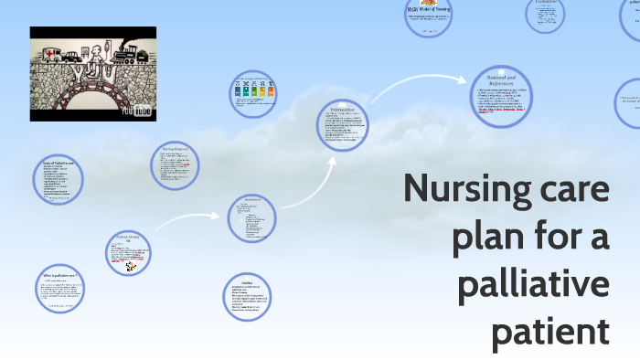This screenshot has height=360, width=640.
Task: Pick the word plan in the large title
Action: (x=484, y=237)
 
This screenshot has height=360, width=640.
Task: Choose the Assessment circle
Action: (x=252, y=217)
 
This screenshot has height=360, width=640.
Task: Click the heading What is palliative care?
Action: (x=59, y=274)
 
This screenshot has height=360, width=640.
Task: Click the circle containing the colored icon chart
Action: (x=254, y=92)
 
